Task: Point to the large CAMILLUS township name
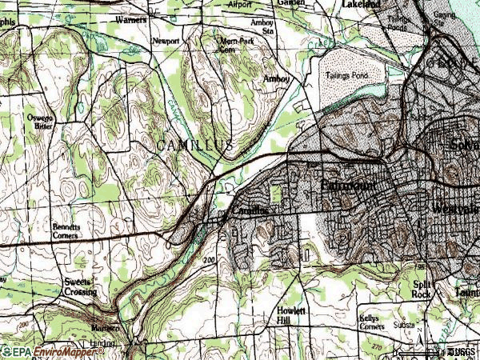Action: (x=194, y=145)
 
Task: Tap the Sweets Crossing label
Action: (x=81, y=287)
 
